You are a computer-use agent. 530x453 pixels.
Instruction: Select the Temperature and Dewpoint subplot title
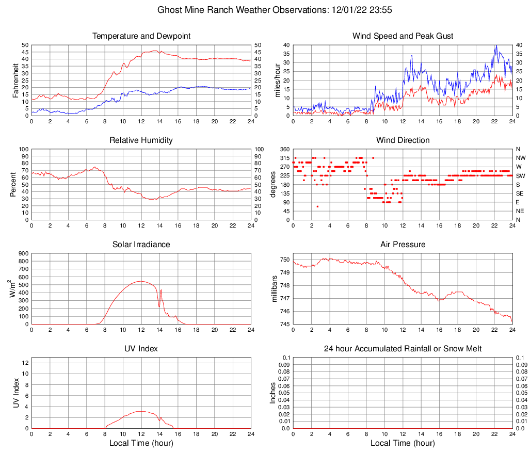[141, 36]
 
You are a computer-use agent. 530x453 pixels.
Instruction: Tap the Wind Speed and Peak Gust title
[403, 36]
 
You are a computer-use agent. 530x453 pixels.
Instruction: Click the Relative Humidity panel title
[141, 140]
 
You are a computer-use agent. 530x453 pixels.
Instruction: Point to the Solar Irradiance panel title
[141, 244]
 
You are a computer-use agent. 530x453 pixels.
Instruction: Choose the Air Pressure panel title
[403, 244]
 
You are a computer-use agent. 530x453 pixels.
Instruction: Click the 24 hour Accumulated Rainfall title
[403, 349]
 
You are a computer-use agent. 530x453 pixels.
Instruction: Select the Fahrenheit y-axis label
[15, 80]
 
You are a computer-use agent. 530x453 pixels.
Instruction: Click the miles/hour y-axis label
[277, 80]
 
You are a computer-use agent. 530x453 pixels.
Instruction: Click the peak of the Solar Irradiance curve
[141, 281]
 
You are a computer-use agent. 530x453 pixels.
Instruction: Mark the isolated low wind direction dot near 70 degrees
[317, 206]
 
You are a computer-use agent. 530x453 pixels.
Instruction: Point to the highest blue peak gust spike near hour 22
[496, 45]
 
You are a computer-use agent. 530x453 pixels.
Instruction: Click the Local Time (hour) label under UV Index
[141, 443]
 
